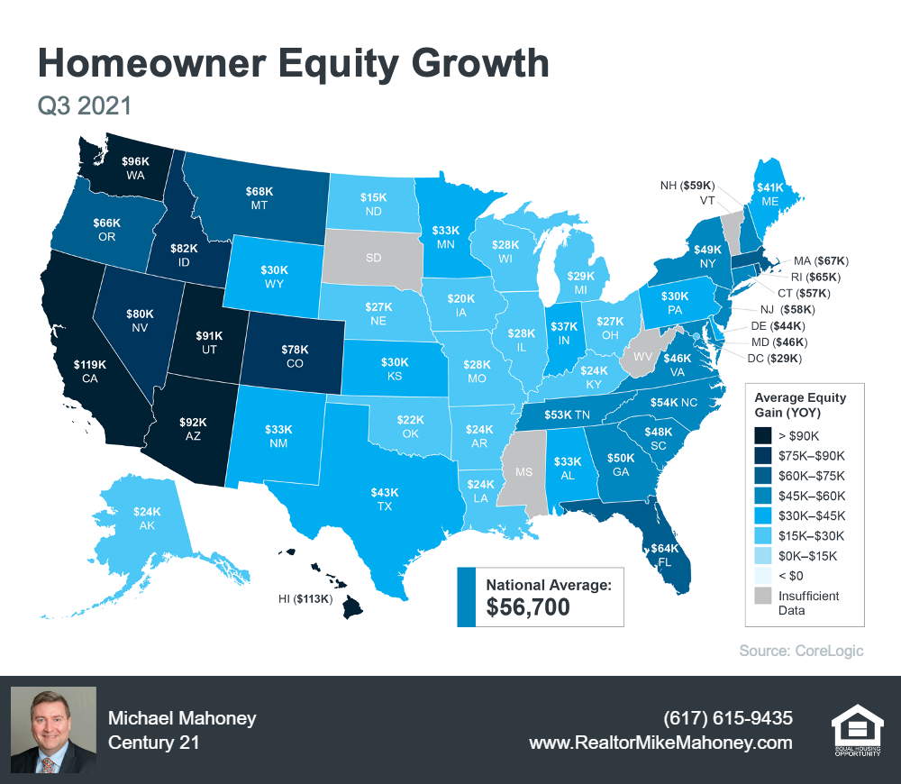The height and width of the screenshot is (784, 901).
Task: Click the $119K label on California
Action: tap(91, 365)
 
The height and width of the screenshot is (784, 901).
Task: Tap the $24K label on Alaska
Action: tap(147, 511)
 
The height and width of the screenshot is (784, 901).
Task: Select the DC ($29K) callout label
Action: tap(776, 359)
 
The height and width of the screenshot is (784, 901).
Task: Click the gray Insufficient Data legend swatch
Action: tap(765, 597)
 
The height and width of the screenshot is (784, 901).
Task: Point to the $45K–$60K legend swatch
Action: tap(765, 496)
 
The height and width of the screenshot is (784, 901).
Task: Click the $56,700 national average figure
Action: tap(528, 607)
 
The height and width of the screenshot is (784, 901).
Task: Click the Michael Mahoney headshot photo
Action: tap(53, 730)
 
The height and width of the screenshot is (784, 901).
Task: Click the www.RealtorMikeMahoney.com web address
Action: tap(660, 743)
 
